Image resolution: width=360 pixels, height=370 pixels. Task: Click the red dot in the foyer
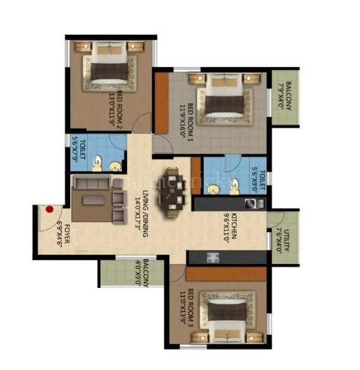(50, 209)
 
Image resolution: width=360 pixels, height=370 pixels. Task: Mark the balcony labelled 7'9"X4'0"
(286, 97)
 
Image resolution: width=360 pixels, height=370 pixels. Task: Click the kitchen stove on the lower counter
(212, 258)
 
